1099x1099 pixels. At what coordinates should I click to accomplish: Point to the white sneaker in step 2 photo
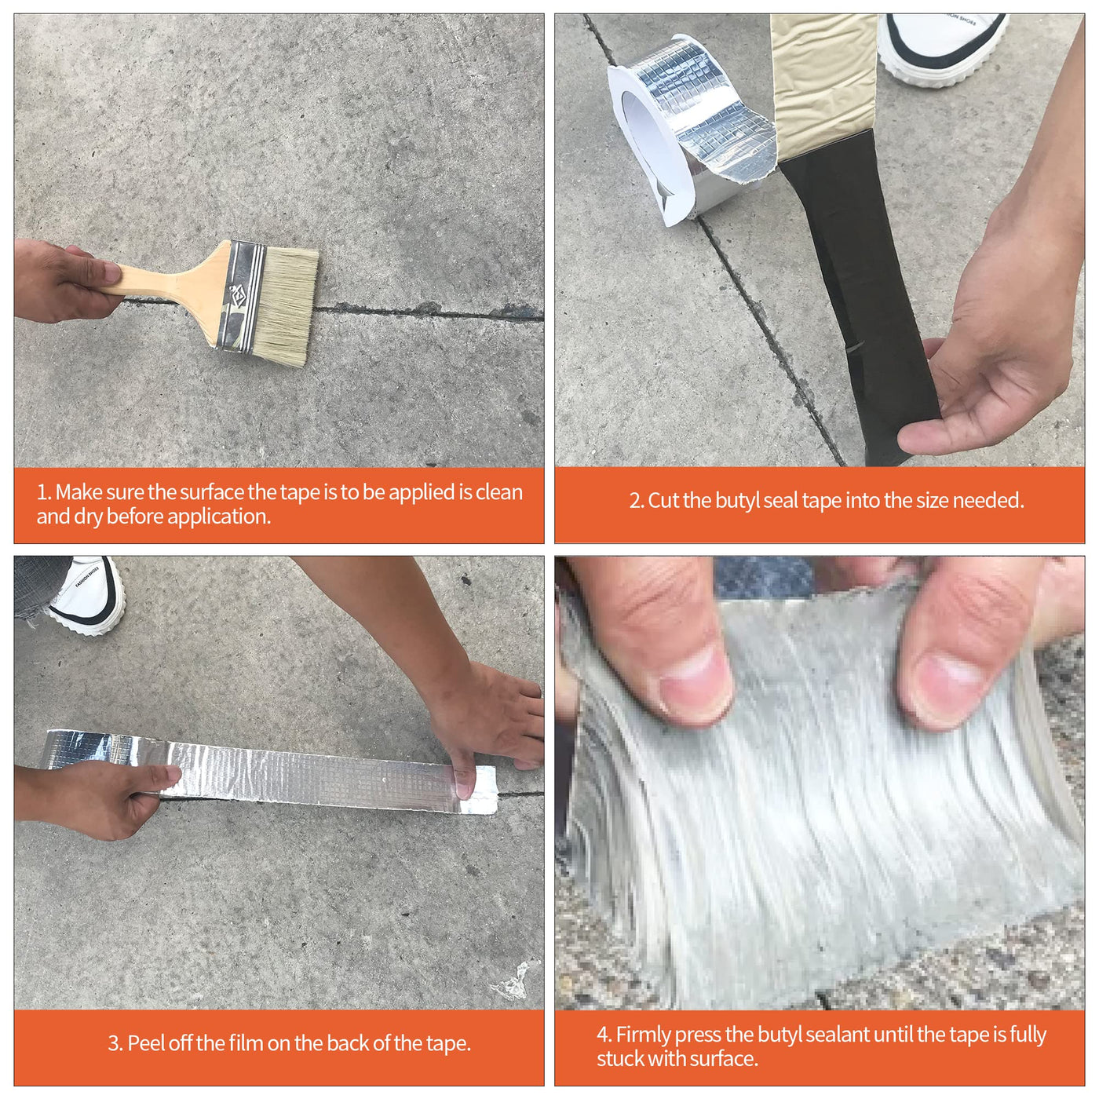[x=941, y=49]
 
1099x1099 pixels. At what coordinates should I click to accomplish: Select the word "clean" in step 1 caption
[x=498, y=492]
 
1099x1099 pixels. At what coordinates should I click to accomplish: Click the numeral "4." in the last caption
[x=604, y=1034]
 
